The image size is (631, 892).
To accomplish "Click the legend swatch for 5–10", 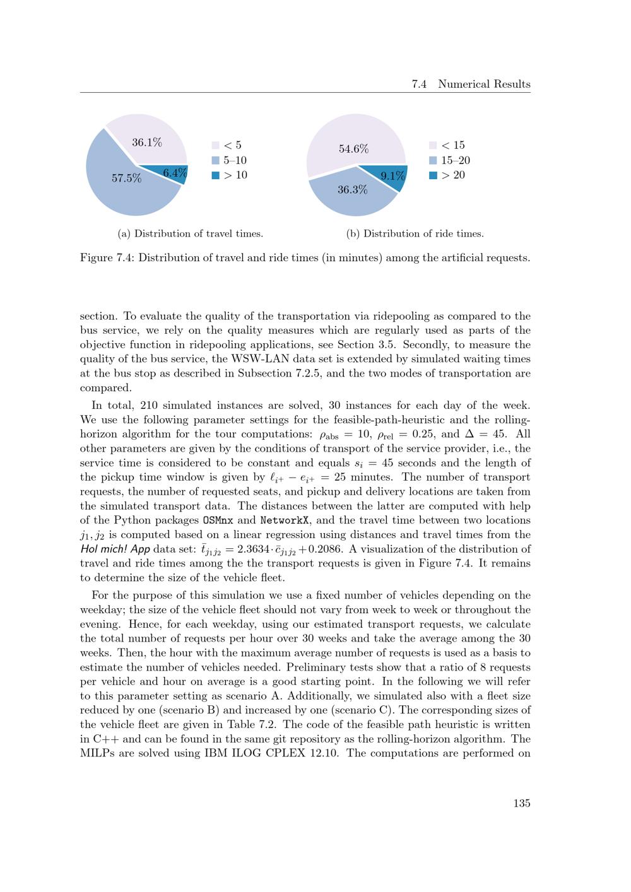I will tap(215, 160).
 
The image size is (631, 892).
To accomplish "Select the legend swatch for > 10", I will tap(215, 175).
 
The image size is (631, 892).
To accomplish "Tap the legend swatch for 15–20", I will tap(433, 160).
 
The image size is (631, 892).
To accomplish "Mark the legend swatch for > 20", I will tap(433, 175).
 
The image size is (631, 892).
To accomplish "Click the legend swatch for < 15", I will tap(433, 146).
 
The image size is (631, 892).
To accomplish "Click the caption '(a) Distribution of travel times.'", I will tap(191, 233).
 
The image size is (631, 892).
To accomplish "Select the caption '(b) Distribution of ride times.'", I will tap(415, 233).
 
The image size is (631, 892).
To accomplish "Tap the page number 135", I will tap(522, 803).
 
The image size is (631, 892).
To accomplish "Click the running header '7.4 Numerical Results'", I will tap(471, 84).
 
